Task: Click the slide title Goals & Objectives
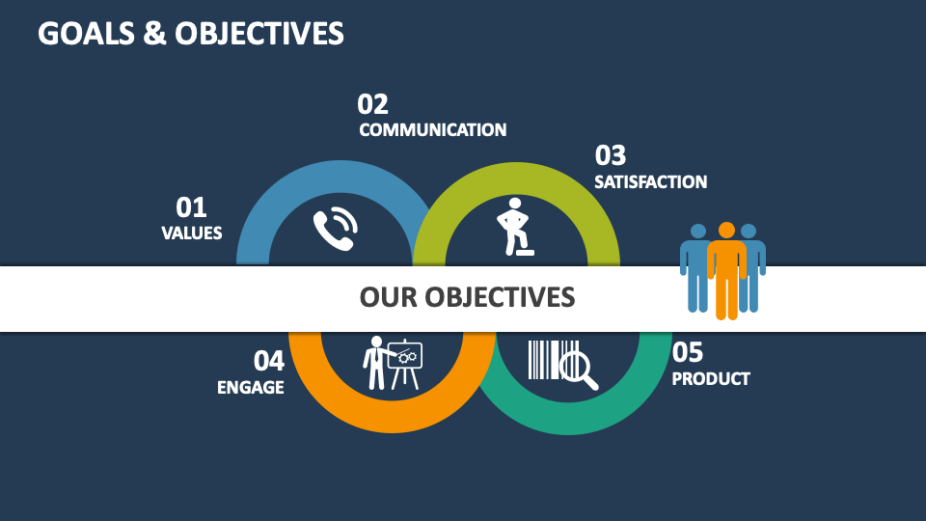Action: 190,34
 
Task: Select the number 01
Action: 191,207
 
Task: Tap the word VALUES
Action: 191,233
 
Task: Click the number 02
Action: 372,104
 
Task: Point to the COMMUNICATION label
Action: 432,130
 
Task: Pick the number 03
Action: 610,155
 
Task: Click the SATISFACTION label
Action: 650,181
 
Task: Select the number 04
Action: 269,361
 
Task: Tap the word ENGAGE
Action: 250,387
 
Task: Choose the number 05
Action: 688,352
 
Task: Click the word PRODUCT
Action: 710,378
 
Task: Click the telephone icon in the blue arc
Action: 335,229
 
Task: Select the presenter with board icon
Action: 392,363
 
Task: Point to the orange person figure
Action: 726,270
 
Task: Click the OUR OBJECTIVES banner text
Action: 467,297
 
